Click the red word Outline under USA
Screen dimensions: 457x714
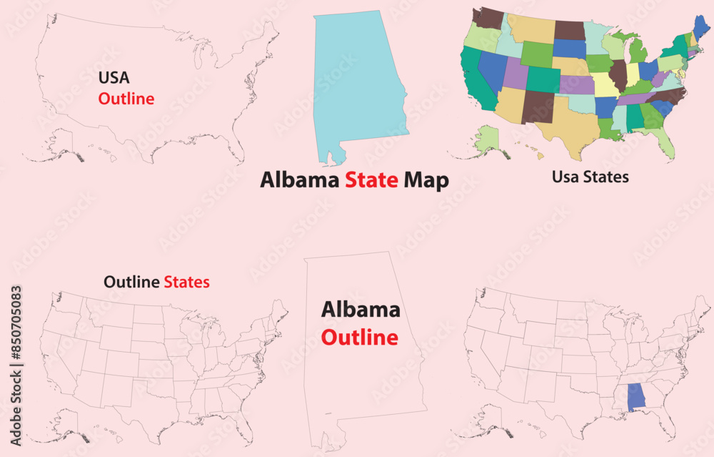point(126,99)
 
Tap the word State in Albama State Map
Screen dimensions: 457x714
point(371,180)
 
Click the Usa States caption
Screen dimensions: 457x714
point(590,177)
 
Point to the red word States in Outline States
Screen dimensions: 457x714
point(186,282)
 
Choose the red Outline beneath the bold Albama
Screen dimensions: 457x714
point(359,337)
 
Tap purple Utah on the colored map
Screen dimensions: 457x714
point(516,73)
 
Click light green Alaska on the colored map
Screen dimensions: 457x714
point(488,139)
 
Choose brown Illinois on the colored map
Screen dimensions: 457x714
point(618,75)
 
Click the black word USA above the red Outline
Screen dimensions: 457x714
point(114,77)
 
